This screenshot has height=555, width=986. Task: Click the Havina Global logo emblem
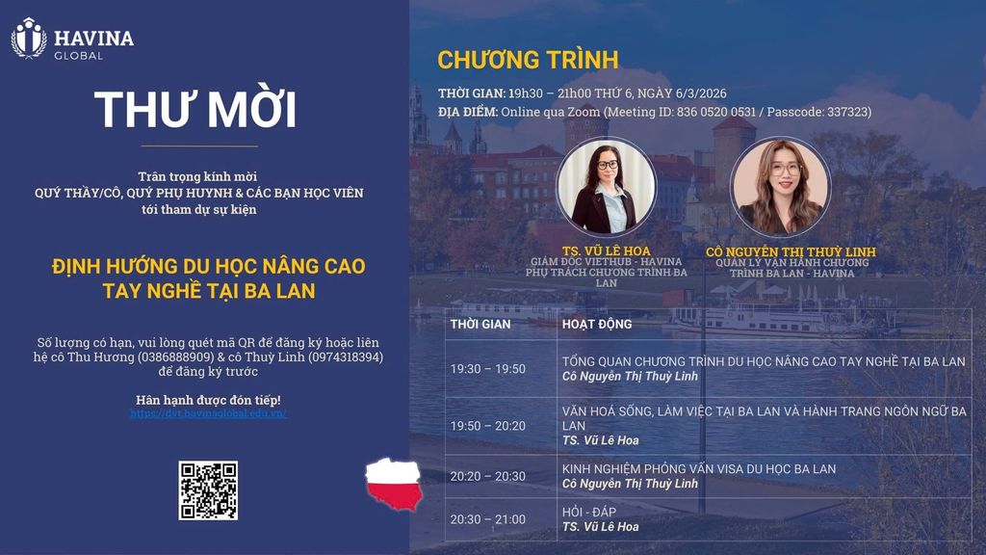tap(29, 39)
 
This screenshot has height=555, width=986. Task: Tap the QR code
tap(208, 490)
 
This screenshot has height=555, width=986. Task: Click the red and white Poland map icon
tap(394, 484)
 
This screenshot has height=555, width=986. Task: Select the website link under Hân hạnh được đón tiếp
tap(208, 413)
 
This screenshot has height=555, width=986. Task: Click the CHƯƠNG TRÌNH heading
tap(528, 60)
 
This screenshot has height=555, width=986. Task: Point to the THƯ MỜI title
tap(195, 109)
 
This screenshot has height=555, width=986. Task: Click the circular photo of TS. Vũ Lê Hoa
tap(607, 186)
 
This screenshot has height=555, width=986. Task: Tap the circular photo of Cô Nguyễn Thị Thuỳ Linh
tap(780, 186)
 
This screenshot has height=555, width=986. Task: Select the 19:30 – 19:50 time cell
tap(488, 369)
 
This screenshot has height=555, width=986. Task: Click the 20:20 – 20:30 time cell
tap(488, 476)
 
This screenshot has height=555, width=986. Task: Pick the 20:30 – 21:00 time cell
tap(488, 519)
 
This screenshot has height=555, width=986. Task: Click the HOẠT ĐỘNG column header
tap(597, 324)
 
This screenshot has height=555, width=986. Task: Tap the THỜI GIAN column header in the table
tap(480, 324)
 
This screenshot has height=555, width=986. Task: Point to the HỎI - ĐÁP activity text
tap(589, 512)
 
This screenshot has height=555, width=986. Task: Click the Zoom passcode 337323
tap(848, 112)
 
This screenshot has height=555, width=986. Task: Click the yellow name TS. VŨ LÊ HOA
tap(607, 251)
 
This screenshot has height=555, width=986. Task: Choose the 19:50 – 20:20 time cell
tap(488, 426)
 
